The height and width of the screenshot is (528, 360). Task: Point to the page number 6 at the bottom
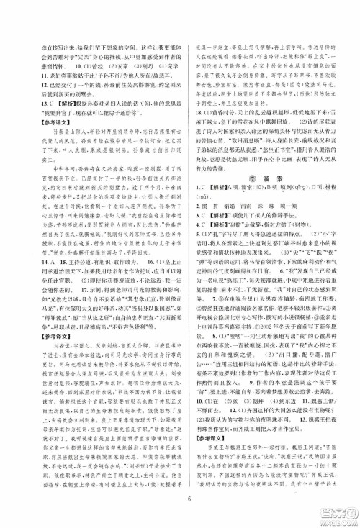(180, 514)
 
